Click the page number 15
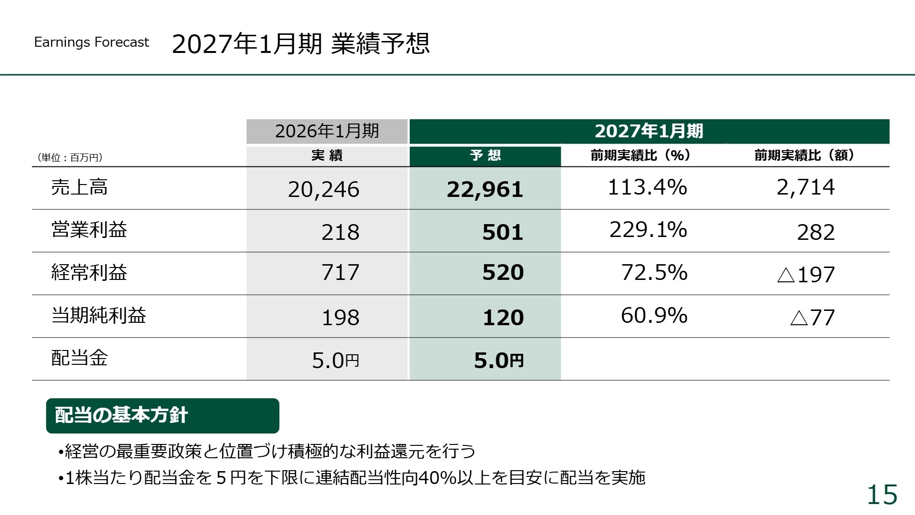(882, 494)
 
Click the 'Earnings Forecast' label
(91, 42)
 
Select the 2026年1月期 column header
(327, 131)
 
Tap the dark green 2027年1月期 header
(649, 131)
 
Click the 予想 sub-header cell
(485, 155)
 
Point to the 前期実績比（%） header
(640, 155)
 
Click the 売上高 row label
(80, 187)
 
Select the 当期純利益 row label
(99, 315)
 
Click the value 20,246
(324, 189)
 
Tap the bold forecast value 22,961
(485, 189)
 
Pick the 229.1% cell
(648, 230)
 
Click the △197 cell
(806, 275)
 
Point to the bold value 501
(503, 232)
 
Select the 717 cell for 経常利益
(340, 272)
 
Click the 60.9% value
(654, 315)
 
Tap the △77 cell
(813, 318)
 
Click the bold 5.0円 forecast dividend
(498, 360)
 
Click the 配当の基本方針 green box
(163, 415)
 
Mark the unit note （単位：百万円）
(70, 157)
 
